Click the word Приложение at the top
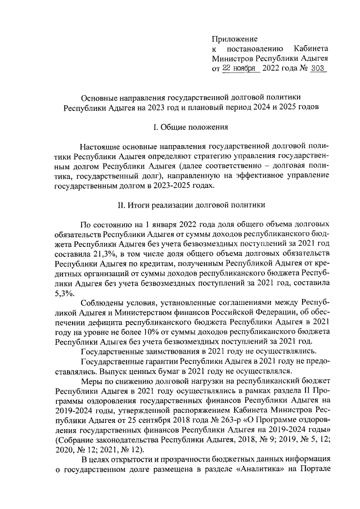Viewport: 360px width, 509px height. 235,39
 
